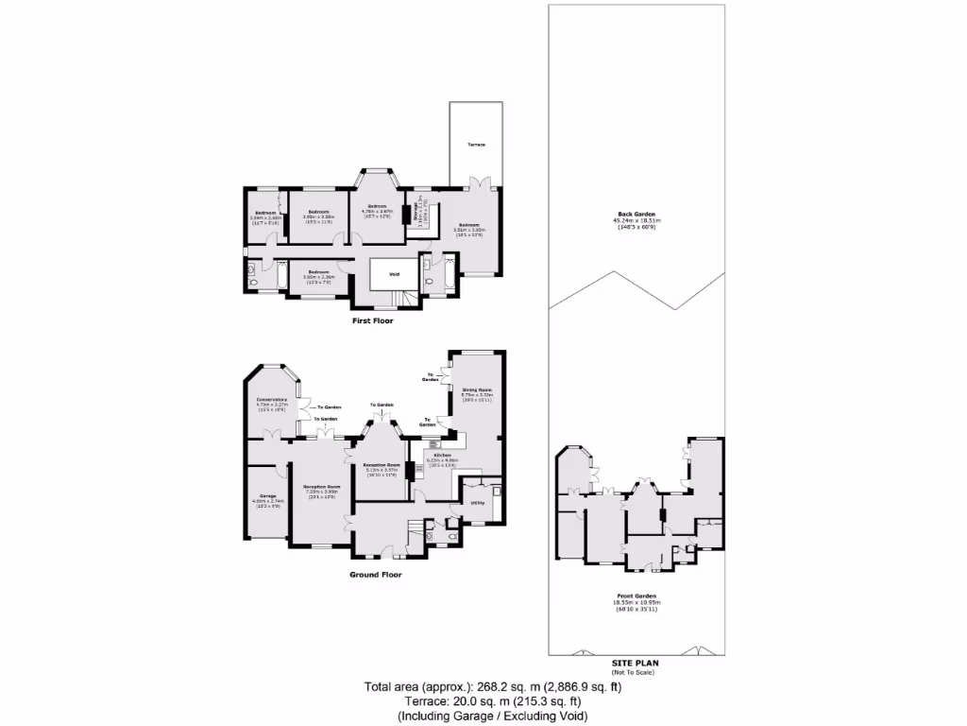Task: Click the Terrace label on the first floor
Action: coord(476,145)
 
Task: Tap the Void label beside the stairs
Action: coord(393,276)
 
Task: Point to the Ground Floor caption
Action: coord(377,575)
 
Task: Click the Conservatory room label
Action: coord(272,400)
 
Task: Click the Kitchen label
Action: coord(443,456)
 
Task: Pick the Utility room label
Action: coord(478,503)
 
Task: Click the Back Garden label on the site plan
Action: coord(637,215)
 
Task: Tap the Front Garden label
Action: coord(637,596)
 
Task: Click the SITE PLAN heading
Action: coord(637,663)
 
